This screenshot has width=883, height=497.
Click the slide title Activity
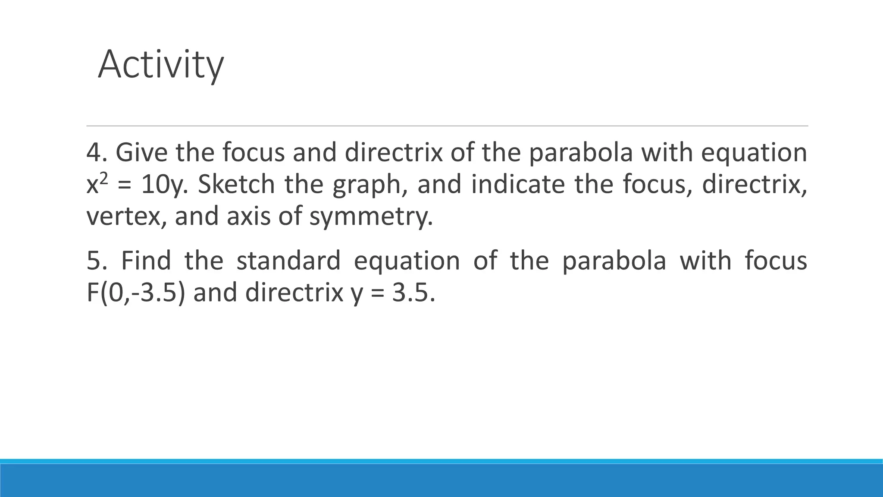coord(160,65)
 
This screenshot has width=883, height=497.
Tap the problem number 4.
coord(94,153)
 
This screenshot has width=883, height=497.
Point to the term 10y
coord(164,185)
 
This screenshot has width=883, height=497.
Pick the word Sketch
coord(236,185)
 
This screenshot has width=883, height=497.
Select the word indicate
coord(518,185)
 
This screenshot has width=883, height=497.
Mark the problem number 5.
coord(94,261)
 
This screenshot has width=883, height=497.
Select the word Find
coord(146,261)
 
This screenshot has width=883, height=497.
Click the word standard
coord(288,261)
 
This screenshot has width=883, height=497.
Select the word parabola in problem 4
coord(581,153)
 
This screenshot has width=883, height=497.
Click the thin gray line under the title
coord(447,126)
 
